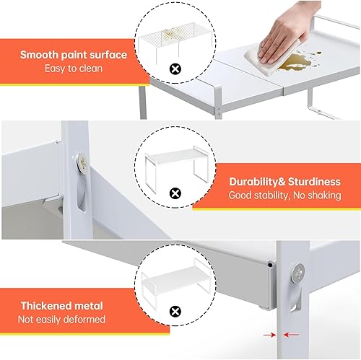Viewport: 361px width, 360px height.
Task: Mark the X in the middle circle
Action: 173,193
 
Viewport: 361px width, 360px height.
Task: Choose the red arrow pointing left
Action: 293,335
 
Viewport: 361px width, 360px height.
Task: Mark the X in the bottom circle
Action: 173,311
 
